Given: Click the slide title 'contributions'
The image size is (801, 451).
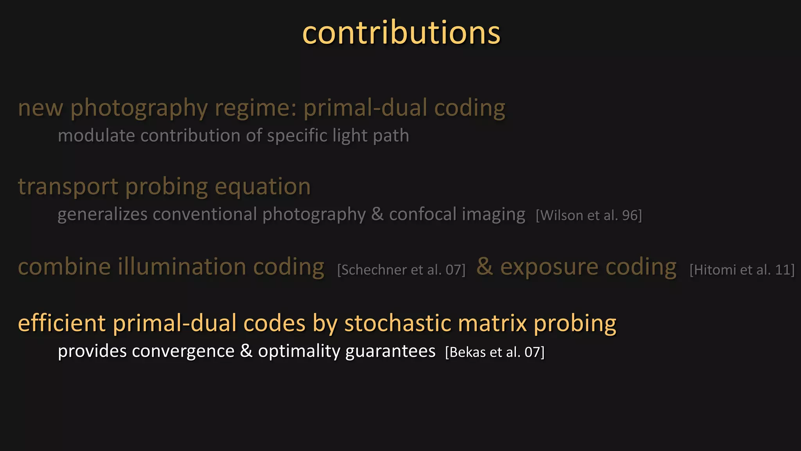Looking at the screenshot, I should [401, 33].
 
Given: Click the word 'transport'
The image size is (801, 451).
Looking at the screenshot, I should [68, 187].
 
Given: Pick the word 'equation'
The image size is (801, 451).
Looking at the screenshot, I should [262, 187].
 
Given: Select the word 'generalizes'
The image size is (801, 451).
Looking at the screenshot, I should [102, 215].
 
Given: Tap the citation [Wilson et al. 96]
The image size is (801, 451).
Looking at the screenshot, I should [589, 215].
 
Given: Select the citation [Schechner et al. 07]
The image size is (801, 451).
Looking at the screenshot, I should [401, 270].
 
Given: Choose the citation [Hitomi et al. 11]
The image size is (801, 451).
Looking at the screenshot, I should [742, 270].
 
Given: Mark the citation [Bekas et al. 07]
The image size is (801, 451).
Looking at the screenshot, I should [495, 352].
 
